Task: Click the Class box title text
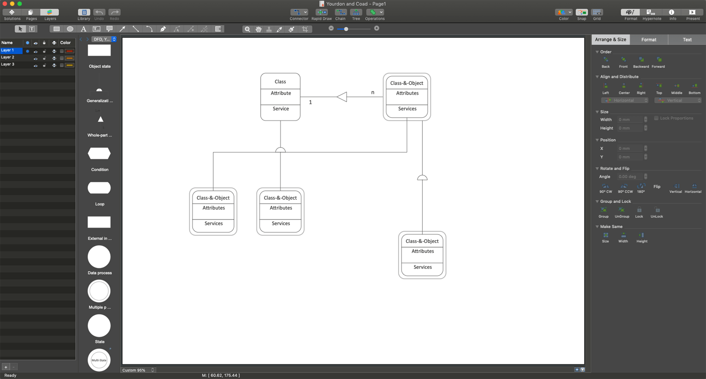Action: tap(280, 81)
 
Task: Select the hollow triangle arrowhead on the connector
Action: tap(342, 97)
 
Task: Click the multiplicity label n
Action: tap(373, 92)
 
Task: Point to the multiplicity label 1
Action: tap(310, 102)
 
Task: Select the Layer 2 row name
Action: tap(8, 57)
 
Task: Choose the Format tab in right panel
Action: tap(649, 40)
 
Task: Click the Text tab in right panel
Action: tap(687, 40)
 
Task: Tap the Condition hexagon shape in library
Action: tap(99, 153)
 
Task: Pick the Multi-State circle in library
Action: tap(99, 360)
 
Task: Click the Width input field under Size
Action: tap(630, 120)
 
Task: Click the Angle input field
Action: tap(630, 177)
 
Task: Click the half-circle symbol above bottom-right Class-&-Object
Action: tap(423, 177)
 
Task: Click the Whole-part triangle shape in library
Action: tap(100, 120)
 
